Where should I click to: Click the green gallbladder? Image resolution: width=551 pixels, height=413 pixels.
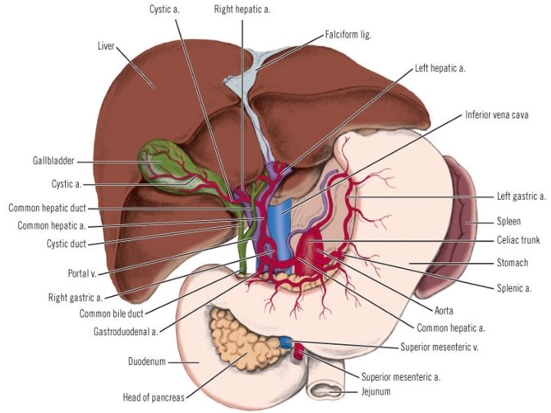tap(165, 165)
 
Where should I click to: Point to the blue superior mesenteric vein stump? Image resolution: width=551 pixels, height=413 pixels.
tap(285, 342)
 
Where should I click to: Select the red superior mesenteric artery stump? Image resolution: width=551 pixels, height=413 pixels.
tap(299, 351)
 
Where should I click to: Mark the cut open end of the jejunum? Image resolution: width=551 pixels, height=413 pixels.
tap(326, 389)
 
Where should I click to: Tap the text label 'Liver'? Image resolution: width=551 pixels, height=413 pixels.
tap(106, 46)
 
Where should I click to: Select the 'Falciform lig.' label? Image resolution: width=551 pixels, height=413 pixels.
tap(348, 34)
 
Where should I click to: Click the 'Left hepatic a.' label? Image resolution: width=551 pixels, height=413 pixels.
tap(440, 68)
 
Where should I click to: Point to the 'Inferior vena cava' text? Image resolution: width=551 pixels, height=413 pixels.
tap(497, 115)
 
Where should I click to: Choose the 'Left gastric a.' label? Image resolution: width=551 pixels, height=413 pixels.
tap(521, 196)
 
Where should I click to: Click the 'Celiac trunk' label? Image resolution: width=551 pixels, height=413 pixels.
tap(518, 240)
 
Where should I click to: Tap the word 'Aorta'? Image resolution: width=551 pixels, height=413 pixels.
tap(444, 311)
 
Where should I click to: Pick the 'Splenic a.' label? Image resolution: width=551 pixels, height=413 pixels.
tap(514, 288)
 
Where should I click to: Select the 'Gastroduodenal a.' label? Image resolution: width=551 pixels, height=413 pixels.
tap(126, 331)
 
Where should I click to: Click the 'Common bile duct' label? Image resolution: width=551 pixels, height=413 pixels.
tap(112, 314)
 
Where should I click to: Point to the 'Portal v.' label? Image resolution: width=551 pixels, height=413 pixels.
tap(82, 273)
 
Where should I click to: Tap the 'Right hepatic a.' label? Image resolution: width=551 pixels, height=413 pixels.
tap(242, 9)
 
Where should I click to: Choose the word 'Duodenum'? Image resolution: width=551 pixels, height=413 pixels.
tap(146, 361)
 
